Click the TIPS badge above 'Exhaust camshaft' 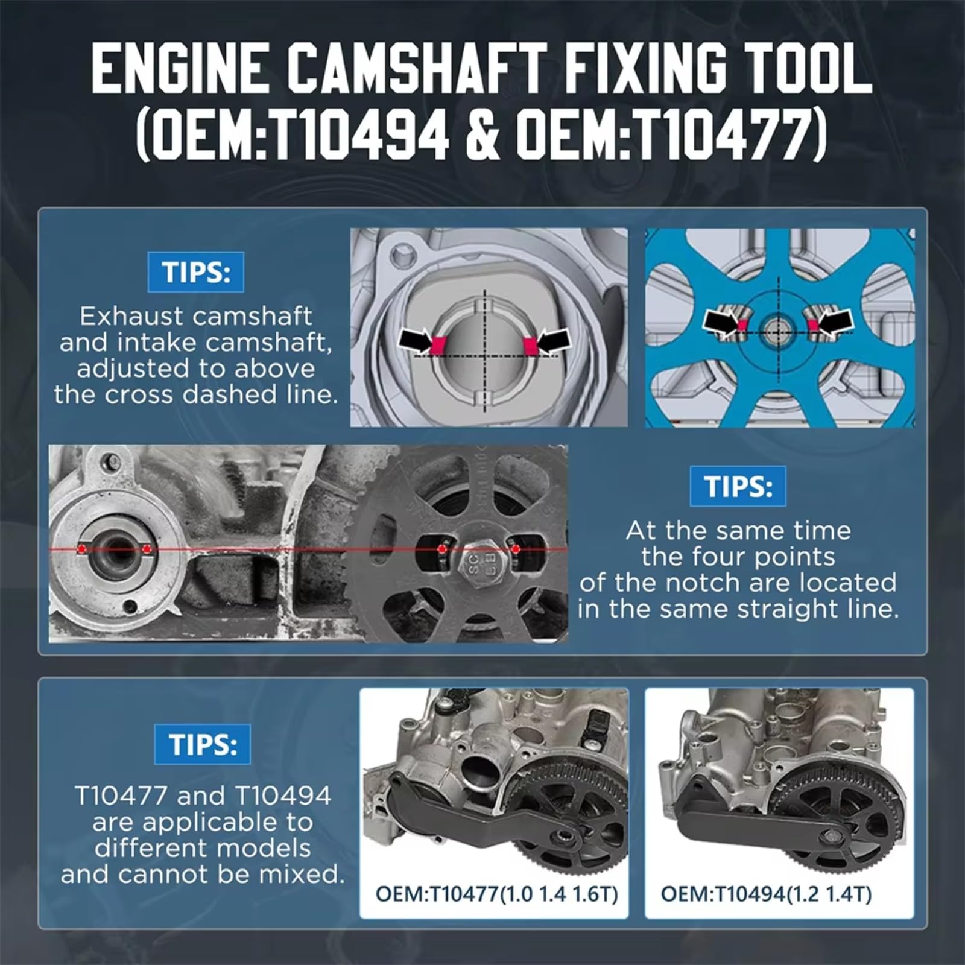[196, 272]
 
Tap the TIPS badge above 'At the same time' [738, 486]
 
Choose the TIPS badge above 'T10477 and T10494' [203, 744]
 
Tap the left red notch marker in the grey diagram [439, 344]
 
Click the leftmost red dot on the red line [81, 549]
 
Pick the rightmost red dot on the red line [515, 549]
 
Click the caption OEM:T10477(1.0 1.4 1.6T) [496, 894]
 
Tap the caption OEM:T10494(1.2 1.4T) [766, 894]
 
